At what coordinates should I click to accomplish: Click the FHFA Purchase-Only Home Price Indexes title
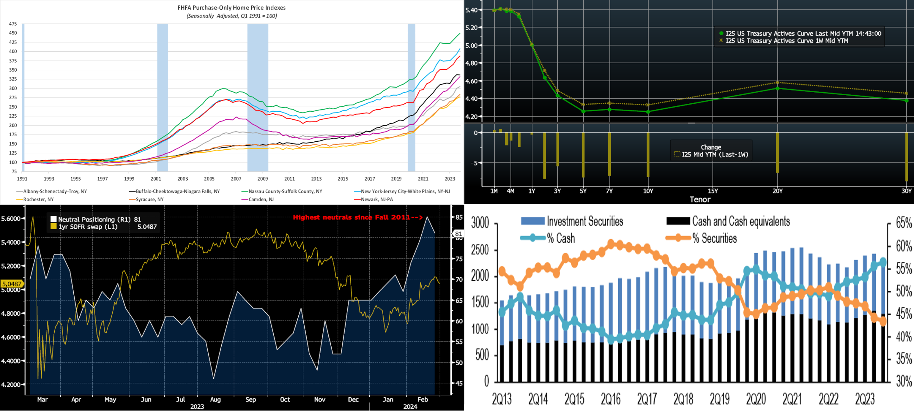point(231,7)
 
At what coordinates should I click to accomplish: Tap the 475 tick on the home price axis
point(13,24)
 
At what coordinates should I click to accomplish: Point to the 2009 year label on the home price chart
point(263,179)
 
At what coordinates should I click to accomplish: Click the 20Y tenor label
point(777,191)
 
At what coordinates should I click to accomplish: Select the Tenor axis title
point(700,199)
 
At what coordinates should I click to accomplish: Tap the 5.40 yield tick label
point(471,10)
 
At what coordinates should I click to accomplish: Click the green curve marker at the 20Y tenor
point(777,88)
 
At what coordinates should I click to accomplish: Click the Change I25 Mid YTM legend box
point(711,151)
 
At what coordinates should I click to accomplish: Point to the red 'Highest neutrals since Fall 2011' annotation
point(357,217)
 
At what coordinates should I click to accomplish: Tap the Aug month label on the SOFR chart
point(215,399)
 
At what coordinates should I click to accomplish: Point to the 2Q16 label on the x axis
point(611,399)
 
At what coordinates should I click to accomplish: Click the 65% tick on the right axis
point(903,223)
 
